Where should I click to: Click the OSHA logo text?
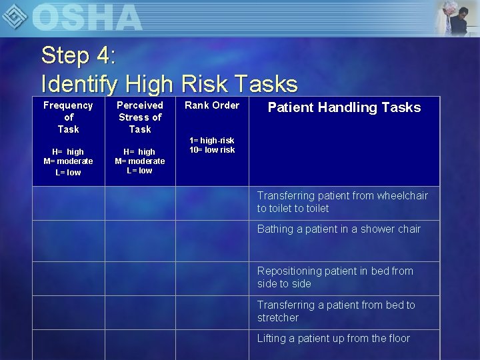point(87,17)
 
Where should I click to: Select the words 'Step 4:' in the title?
point(79,55)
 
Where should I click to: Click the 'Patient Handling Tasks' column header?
point(344,107)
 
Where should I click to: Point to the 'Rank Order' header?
point(212,105)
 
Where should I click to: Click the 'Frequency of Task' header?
point(68,117)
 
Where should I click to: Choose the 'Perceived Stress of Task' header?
point(140,117)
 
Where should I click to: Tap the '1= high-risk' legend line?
point(212,141)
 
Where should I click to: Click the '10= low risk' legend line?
point(212,150)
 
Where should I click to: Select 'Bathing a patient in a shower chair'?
point(339,229)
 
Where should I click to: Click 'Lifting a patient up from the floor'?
point(333,338)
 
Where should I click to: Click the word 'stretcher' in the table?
point(278,318)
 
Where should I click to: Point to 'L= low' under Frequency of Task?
point(68,173)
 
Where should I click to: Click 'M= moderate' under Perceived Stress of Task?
point(140,161)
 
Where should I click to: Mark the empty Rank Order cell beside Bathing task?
point(212,241)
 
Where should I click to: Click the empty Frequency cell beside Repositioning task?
point(68,278)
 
